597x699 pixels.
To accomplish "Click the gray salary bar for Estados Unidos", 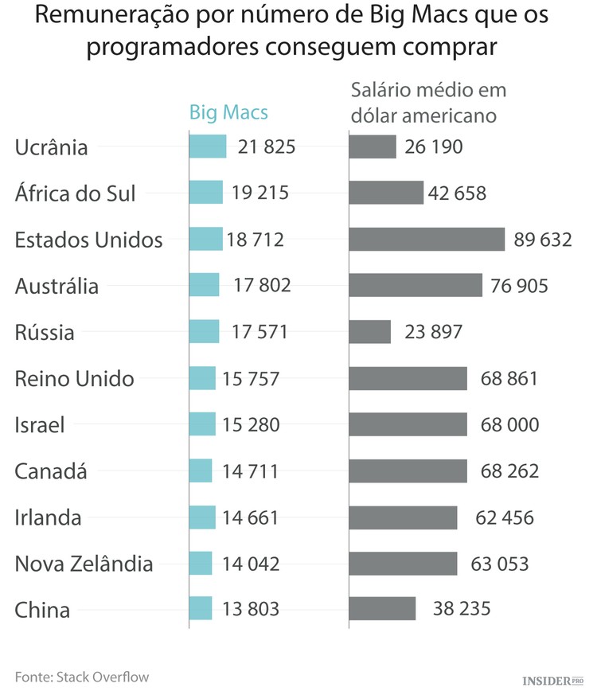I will [x=427, y=240].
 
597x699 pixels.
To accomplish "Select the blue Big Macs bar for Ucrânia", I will [x=208, y=146].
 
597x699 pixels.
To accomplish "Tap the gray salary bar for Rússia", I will [x=370, y=332].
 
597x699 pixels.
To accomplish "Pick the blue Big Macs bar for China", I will [x=201, y=609].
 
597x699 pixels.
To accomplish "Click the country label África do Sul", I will [x=76, y=193].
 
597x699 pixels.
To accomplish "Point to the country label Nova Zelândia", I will [x=84, y=564].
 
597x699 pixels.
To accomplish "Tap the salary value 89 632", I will [x=542, y=240].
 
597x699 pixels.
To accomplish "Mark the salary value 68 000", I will [x=509, y=425].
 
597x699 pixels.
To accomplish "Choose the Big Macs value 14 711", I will [x=251, y=471].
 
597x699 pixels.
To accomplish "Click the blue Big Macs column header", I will [x=228, y=112].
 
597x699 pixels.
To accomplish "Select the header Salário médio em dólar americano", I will [x=428, y=103].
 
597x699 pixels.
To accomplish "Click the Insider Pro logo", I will [x=552, y=681].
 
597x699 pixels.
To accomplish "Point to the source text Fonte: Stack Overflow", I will [x=82, y=678].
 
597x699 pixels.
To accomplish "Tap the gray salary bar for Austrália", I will [x=416, y=286].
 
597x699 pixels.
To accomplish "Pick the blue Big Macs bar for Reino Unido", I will [x=202, y=378].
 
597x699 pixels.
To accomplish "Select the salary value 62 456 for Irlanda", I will [x=505, y=518].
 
